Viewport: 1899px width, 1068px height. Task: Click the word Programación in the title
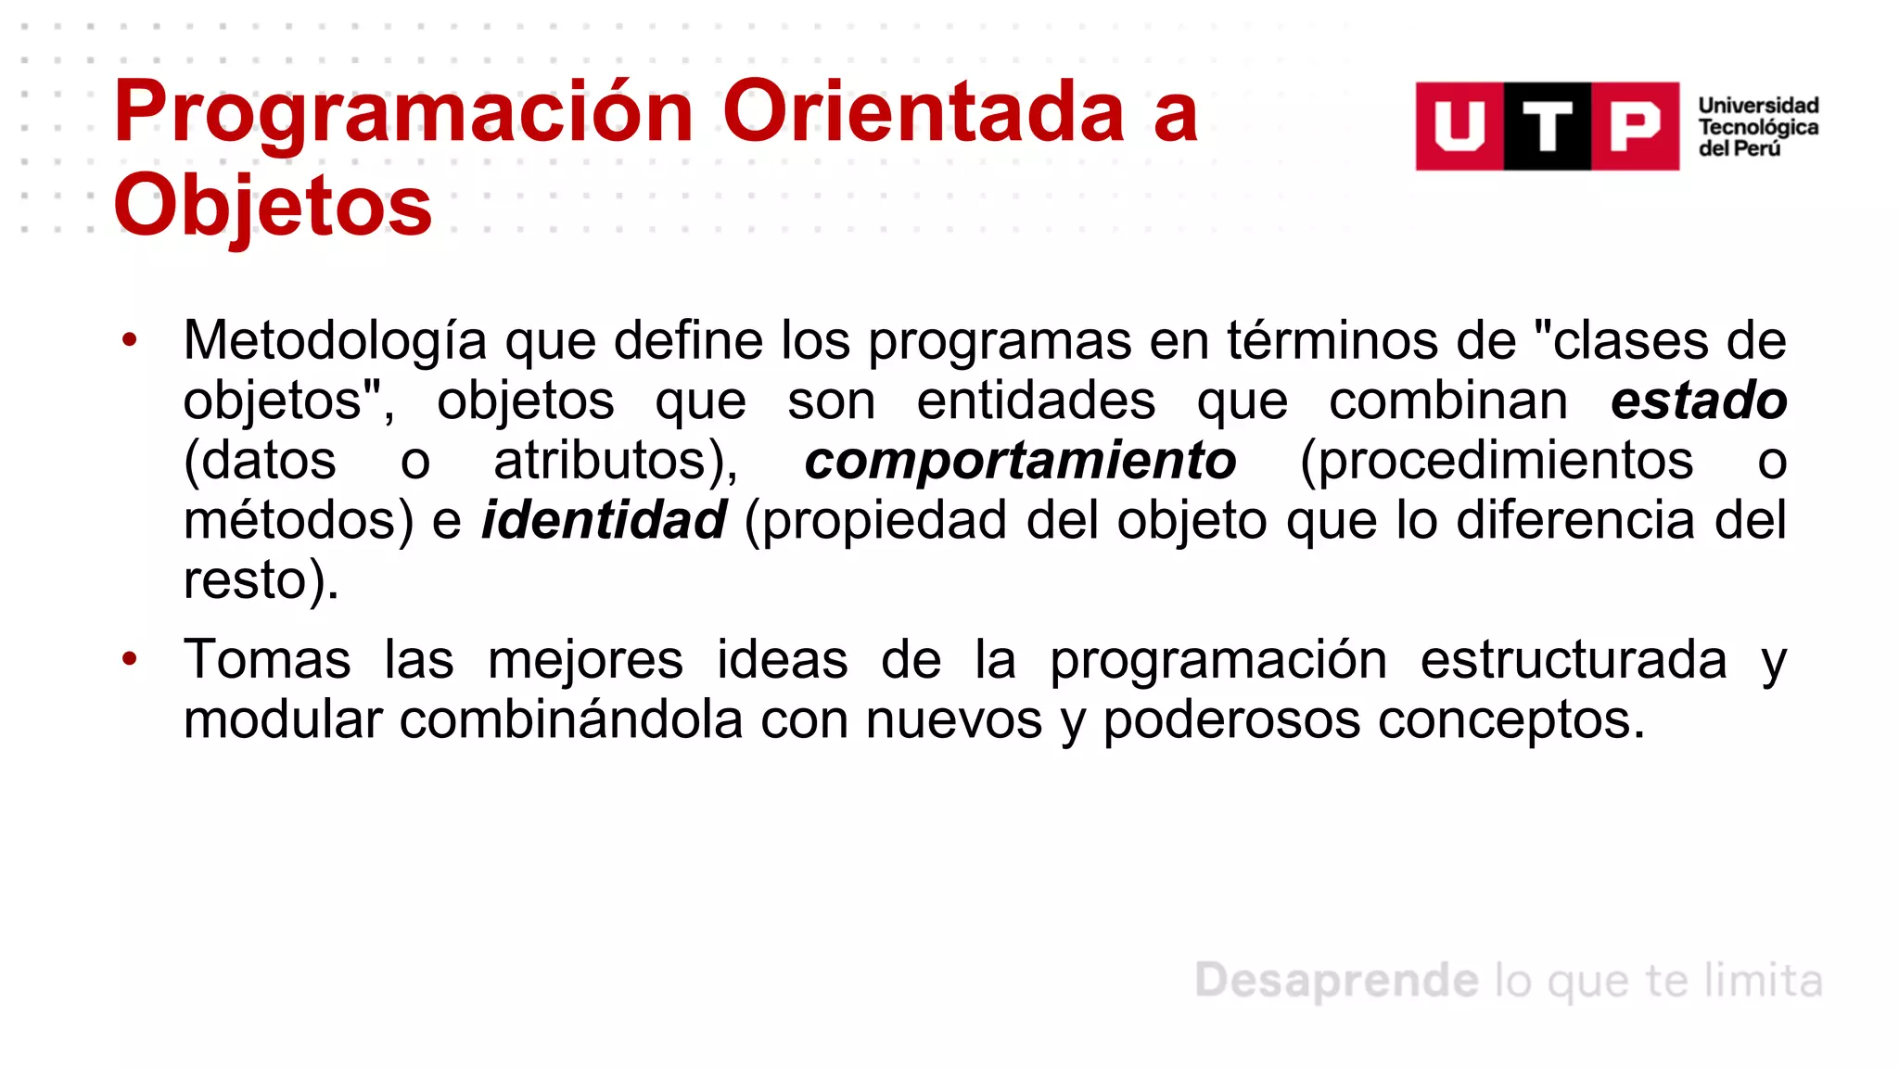403,113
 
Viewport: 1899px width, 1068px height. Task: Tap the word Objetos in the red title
273,206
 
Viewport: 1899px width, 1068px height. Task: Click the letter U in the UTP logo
1459,126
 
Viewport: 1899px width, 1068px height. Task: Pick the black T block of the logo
1547,126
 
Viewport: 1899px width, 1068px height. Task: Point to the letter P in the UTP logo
1635,126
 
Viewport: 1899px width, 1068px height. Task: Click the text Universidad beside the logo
1758,106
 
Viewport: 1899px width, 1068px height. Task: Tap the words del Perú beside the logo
1739,148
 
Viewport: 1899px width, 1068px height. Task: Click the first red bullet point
130,339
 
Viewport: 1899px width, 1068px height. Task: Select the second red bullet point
130,659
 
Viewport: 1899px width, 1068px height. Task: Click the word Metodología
335,341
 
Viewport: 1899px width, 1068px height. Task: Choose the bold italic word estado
1699,400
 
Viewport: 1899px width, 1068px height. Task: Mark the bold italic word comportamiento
1020,461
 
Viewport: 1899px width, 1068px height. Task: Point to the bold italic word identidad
604,520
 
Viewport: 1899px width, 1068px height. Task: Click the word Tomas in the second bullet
267,660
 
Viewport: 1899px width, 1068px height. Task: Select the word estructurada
1573,660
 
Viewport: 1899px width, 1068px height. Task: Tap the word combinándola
570,720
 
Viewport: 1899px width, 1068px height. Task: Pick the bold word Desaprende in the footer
1336,981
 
